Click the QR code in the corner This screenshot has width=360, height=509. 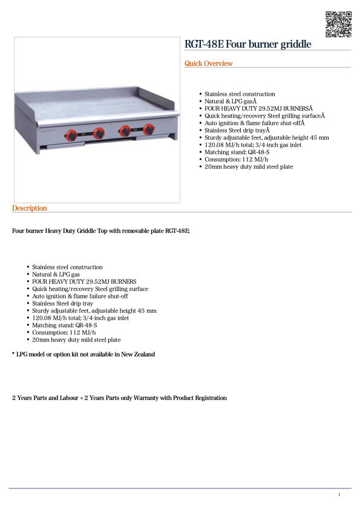(x=338, y=24)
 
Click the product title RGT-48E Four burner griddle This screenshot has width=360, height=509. (x=248, y=44)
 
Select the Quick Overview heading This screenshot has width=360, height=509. (x=208, y=64)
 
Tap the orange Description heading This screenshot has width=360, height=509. (x=29, y=208)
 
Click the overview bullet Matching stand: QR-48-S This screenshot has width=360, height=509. (x=237, y=152)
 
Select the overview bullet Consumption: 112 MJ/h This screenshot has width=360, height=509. (x=236, y=159)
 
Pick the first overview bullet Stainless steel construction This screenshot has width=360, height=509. (x=240, y=94)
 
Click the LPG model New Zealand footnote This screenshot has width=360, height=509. (x=83, y=354)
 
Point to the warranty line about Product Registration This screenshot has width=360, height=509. (x=119, y=398)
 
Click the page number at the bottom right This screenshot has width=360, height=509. (x=339, y=494)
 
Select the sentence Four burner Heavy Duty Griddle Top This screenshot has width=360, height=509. (x=101, y=231)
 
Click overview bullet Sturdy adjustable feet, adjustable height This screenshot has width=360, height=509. (x=266, y=137)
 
